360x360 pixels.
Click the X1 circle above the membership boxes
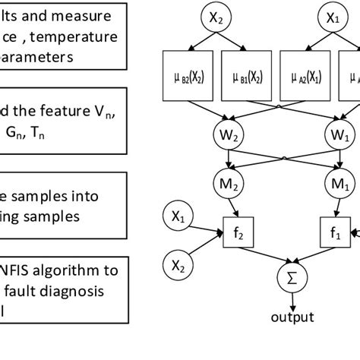(333, 17)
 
